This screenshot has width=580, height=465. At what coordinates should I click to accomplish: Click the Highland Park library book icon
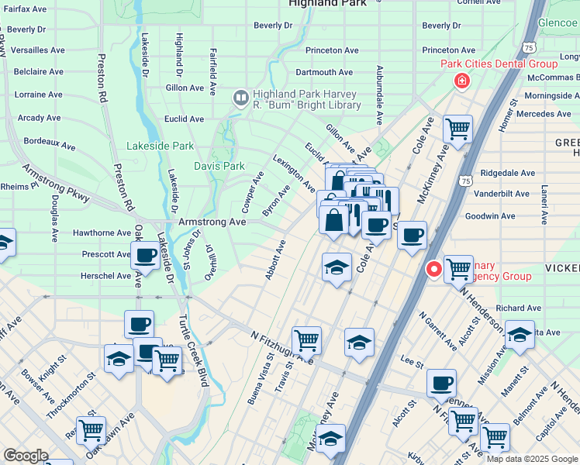[x=240, y=98]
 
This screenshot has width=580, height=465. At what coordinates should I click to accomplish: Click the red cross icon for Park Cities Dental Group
[x=461, y=81]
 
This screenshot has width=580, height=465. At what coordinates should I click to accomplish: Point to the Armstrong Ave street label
[x=212, y=222]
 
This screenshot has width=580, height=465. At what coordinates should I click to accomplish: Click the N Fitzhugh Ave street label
[x=281, y=346]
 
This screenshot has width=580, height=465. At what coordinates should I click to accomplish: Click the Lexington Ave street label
[x=294, y=173]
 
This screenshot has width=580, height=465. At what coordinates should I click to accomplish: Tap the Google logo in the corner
[x=26, y=456]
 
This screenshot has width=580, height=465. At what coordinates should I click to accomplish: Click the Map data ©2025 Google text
[x=531, y=459]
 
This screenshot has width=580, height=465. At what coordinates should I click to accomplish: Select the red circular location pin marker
[x=434, y=269]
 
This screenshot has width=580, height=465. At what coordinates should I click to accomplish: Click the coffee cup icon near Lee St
[x=441, y=381]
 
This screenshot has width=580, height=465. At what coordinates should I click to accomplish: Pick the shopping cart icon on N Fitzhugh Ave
[x=306, y=339]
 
